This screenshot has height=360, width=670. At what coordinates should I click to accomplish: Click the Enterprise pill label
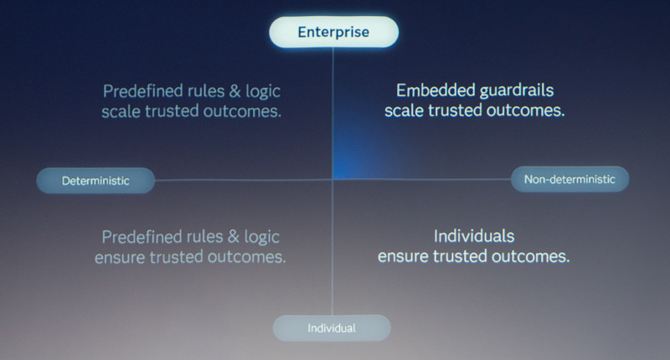click(333, 32)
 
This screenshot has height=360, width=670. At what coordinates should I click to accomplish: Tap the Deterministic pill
click(95, 181)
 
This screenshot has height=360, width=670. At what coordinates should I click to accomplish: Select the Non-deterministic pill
click(569, 179)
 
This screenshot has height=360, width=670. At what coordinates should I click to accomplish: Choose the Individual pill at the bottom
click(332, 328)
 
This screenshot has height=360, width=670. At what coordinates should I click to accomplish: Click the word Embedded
click(435, 90)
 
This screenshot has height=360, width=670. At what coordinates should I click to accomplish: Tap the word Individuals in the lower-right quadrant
click(474, 236)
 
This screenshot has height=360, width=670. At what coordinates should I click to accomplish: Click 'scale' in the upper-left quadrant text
click(121, 111)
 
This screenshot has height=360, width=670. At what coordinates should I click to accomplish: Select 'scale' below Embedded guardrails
click(405, 111)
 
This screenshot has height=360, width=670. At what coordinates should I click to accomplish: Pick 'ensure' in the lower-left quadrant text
click(120, 258)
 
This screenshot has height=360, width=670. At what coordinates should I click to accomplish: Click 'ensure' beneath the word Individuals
click(404, 257)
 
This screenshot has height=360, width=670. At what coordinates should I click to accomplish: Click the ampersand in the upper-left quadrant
click(235, 91)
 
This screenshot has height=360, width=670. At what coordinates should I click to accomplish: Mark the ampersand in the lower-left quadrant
click(234, 237)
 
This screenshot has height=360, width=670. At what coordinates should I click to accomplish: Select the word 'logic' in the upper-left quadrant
click(263, 91)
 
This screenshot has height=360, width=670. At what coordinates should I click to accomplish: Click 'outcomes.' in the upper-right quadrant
click(526, 111)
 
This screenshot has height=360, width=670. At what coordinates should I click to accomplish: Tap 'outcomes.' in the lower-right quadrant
click(531, 256)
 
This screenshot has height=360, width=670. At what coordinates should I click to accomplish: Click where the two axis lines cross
click(332, 180)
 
